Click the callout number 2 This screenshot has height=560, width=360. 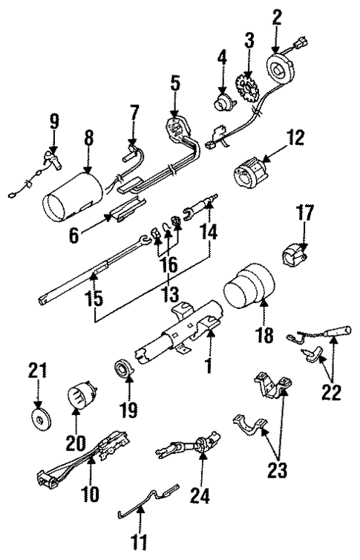pos(277,15)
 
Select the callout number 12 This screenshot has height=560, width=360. pos(295,137)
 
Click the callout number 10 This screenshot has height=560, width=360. pos(91,494)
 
